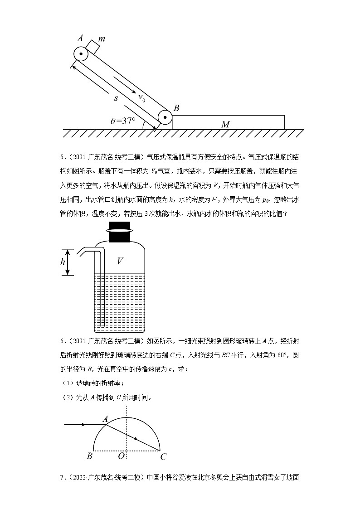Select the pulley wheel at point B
(165, 119)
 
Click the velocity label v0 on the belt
(142, 97)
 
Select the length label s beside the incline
(116, 98)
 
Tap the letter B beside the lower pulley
(176, 108)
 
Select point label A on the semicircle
(104, 419)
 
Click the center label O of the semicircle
(121, 456)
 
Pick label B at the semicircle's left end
(89, 456)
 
